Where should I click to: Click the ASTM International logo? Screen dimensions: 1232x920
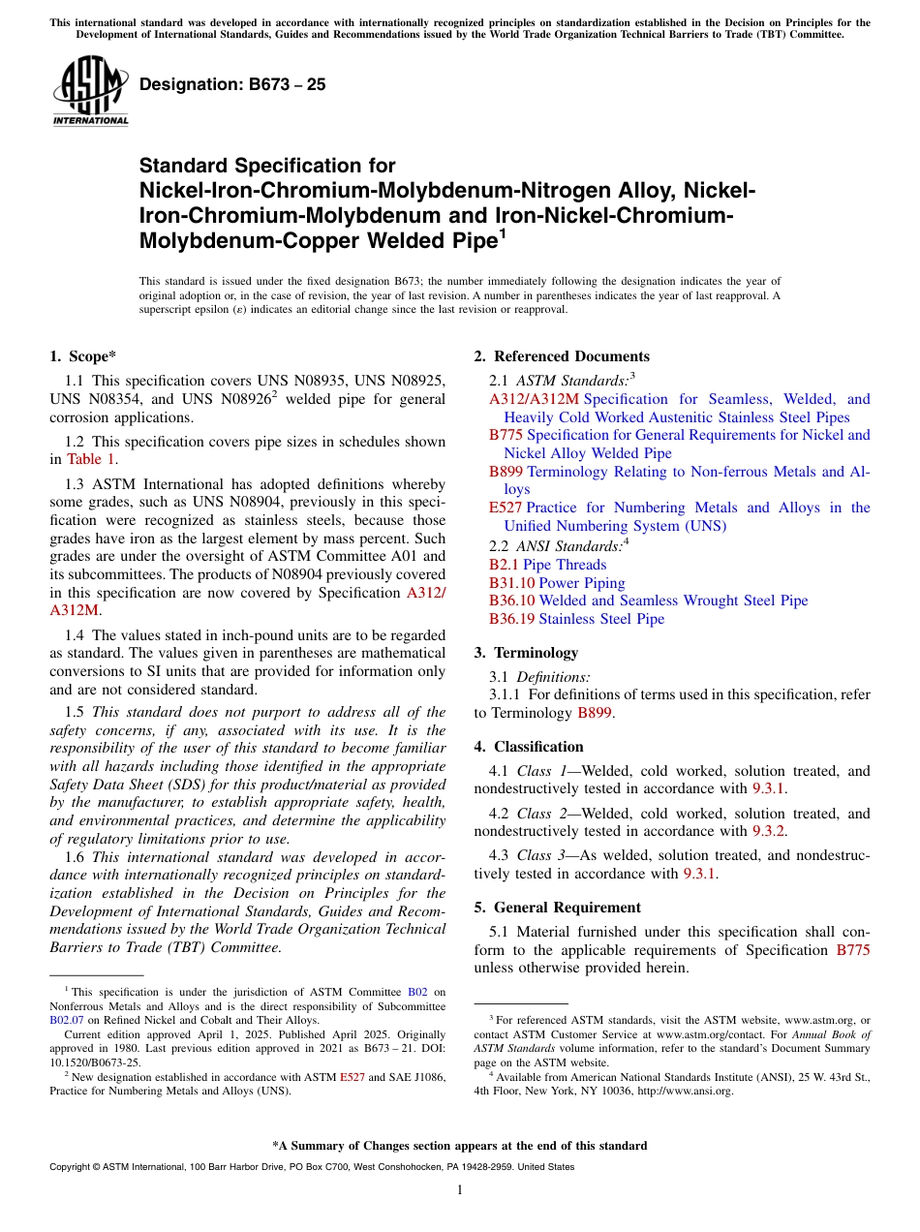pyautogui.click(x=90, y=91)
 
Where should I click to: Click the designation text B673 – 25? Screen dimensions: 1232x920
pyautogui.click(x=232, y=84)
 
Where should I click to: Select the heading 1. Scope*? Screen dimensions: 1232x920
pyautogui.click(x=84, y=356)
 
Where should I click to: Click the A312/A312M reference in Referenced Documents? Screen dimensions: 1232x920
pyautogui.click(x=534, y=399)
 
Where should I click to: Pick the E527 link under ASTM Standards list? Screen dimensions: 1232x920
pyautogui.click(x=506, y=508)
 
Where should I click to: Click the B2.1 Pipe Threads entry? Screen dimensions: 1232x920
pyautogui.click(x=547, y=565)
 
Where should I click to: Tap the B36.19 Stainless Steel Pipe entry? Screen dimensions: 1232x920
pyautogui.click(x=576, y=619)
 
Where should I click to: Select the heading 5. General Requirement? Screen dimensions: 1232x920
pyautogui.click(x=557, y=908)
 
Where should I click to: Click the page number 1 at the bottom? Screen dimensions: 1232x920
pyautogui.click(x=460, y=1190)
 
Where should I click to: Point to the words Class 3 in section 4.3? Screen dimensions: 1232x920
pyautogui.click(x=539, y=855)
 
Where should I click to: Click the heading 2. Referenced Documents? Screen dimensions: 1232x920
pyautogui.click(x=562, y=356)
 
